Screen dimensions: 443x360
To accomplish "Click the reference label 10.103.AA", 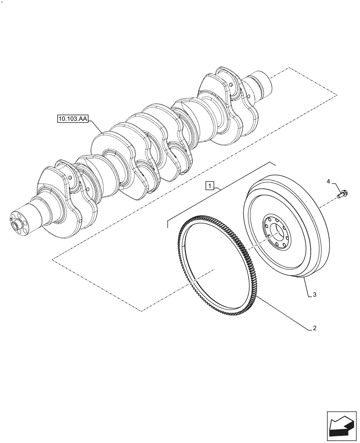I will pos(72,119).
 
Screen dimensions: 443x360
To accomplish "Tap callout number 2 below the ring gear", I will pos(314,328).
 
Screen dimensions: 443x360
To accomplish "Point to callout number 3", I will pos(314,294).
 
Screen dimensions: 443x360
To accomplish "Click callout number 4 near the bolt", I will pos(329,181).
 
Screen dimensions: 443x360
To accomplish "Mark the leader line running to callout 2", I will pos(284,314).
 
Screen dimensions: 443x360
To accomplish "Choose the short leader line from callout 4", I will pos(337,187).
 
